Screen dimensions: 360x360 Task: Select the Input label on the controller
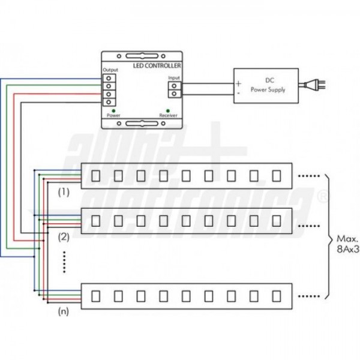174,78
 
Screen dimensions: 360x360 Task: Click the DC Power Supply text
268,85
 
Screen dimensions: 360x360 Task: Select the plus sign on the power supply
238,83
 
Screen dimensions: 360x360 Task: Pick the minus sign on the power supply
238,94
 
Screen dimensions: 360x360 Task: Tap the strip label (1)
64,193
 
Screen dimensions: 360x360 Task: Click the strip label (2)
64,236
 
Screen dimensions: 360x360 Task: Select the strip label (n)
64,312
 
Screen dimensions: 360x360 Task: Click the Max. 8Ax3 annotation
347,244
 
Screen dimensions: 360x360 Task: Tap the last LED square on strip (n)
276,296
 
